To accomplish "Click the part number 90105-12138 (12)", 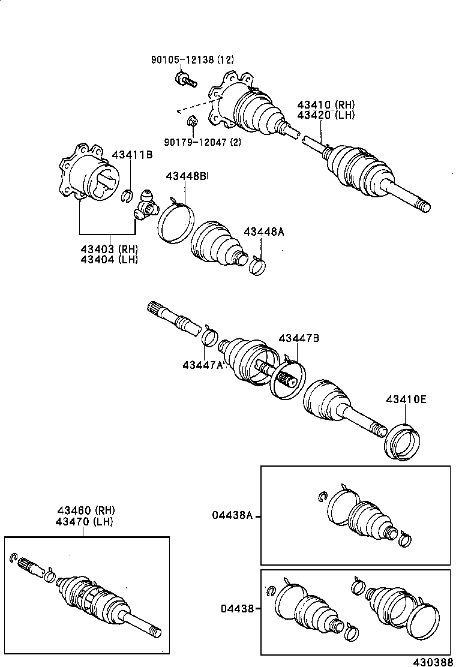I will [x=192, y=59].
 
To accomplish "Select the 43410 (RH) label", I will [x=326, y=104].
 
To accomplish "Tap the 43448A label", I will [x=263, y=232].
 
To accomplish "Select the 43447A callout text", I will [x=203, y=365].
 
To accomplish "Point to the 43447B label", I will [x=298, y=338].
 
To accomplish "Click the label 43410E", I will [x=406, y=399].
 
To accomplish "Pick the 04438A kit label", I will [x=233, y=515].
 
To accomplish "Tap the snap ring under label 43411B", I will [x=127, y=195].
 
